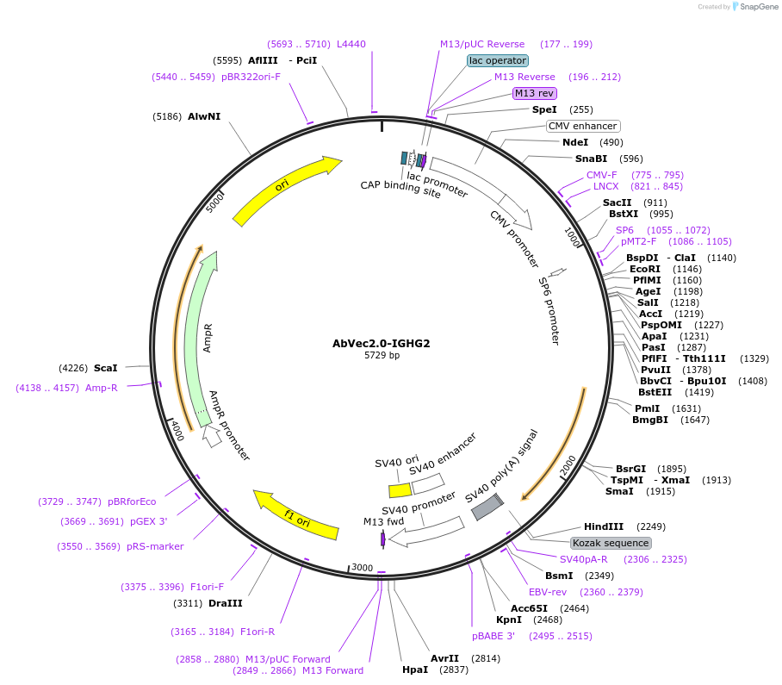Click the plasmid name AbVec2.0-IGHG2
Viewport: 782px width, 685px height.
point(382,343)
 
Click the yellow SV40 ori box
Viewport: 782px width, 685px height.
point(400,490)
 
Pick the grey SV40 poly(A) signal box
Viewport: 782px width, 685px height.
point(487,507)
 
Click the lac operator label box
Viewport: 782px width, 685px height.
point(497,61)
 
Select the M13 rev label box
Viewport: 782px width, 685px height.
point(534,93)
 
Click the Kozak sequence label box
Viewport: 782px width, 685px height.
point(611,543)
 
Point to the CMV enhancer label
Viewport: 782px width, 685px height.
point(582,126)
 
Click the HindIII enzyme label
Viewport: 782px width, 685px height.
point(604,526)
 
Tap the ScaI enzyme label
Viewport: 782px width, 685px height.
point(106,368)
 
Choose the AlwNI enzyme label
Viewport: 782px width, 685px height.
point(204,116)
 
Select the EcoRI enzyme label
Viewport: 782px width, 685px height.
point(645,270)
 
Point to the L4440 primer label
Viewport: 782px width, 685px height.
point(351,44)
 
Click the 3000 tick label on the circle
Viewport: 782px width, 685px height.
point(362,568)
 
